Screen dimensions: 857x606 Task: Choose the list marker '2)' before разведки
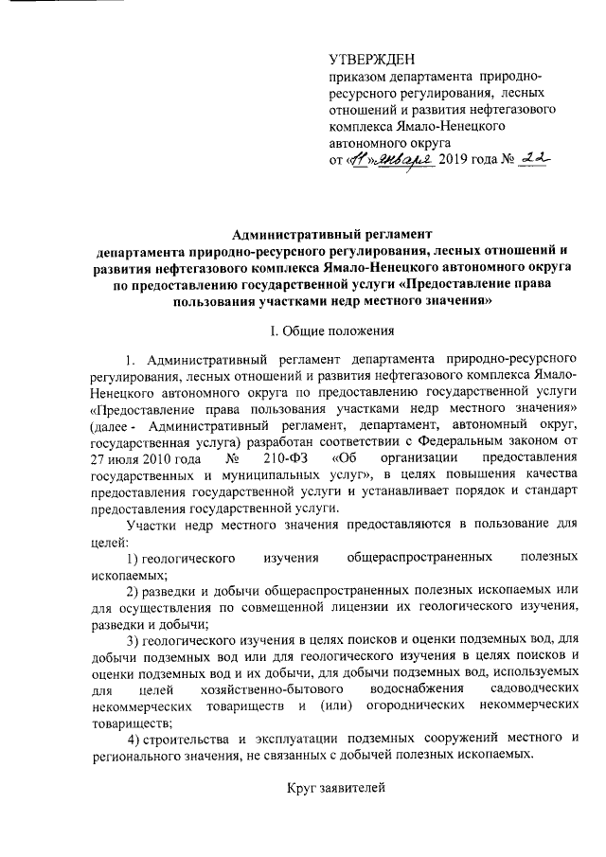tap(134, 592)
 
